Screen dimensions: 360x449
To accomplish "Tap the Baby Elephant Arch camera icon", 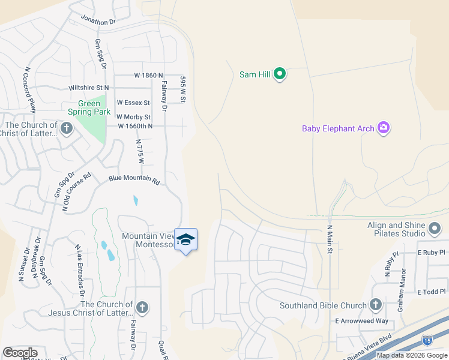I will coord(384,128).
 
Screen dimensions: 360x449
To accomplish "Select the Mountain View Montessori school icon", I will coord(185,240).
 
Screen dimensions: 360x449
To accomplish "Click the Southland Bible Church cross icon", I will coord(376,305).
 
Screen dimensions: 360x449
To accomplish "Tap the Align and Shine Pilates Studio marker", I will coord(435,229).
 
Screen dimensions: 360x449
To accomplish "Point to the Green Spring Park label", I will coord(89,107).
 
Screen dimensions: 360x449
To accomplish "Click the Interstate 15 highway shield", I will coord(427,340).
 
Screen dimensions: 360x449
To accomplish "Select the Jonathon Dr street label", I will coord(98,21).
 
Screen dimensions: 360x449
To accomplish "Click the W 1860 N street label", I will coord(148,76).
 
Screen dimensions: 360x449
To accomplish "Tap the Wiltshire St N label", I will coord(89,88).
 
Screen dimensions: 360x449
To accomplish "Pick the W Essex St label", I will coord(133,103).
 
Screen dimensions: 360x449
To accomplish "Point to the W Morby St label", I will coord(133,116).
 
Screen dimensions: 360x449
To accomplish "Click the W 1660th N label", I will coord(136,126).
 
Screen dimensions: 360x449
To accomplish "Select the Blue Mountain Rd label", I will coord(134,180).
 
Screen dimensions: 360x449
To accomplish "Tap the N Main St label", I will coord(330,239).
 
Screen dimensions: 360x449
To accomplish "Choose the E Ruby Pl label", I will coord(432,253).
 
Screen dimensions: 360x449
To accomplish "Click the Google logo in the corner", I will coord(20,353).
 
